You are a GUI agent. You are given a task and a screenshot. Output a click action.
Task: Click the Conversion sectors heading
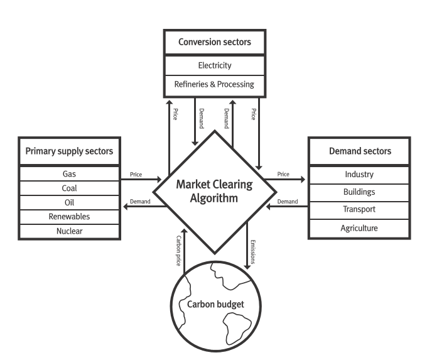click(x=215, y=42)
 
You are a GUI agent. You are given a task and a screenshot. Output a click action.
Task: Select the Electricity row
click(x=215, y=65)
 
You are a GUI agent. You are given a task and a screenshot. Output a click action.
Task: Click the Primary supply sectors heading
click(x=69, y=151)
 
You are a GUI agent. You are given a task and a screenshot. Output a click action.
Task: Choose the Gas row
click(x=70, y=174)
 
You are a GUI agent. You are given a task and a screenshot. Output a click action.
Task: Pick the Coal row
click(x=70, y=188)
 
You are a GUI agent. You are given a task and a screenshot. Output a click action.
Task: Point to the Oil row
click(x=70, y=202)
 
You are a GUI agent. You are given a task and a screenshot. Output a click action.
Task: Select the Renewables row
click(x=70, y=217)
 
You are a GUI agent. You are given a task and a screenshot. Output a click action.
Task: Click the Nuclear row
click(x=70, y=231)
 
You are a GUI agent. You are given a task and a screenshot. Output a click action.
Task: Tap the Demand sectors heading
click(x=360, y=151)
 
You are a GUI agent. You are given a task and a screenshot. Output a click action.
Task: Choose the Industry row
click(x=359, y=175)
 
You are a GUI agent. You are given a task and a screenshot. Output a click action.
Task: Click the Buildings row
click(x=359, y=193)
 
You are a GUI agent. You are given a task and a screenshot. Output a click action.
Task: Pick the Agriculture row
click(x=359, y=228)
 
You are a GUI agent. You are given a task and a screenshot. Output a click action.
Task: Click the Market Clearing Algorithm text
click(x=214, y=191)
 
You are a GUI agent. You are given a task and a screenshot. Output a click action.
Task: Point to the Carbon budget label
click(x=215, y=304)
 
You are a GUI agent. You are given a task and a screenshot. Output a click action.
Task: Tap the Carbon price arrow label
click(x=178, y=251)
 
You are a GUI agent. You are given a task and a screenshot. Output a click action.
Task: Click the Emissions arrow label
click(x=252, y=252)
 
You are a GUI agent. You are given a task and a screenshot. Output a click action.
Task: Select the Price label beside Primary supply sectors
click(x=136, y=175)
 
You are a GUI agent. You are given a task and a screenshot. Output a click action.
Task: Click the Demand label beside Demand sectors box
click(x=288, y=202)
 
